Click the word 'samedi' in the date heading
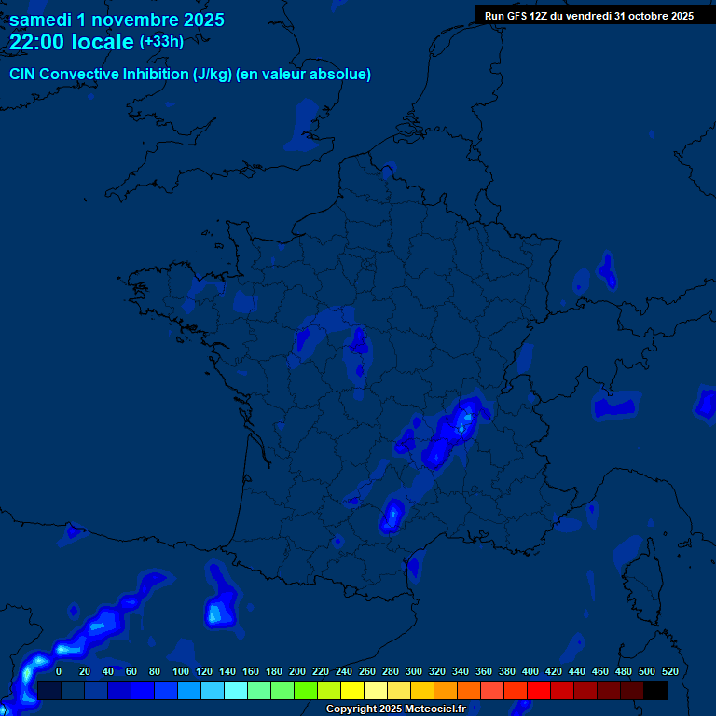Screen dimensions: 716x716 (41, 20)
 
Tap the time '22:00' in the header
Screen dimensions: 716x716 (37, 42)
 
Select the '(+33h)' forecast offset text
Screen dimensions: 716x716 (161, 42)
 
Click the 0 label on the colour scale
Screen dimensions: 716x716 (59, 671)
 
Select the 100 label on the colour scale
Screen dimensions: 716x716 (180, 671)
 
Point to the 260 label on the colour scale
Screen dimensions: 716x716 (366, 671)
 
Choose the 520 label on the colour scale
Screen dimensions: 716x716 (669, 671)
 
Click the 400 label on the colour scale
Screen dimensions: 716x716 (530, 671)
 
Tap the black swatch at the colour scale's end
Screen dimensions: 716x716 (655, 690)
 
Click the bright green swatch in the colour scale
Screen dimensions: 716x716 (306, 690)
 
